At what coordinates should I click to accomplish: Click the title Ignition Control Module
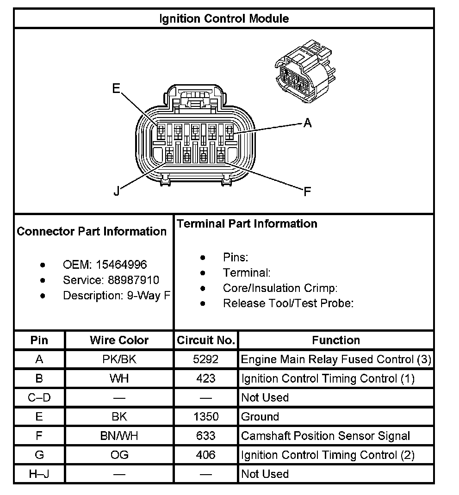(x=224, y=19)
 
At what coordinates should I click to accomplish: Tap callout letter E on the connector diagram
(x=116, y=88)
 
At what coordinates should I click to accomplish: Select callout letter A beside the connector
(x=307, y=123)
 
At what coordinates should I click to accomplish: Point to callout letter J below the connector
(x=117, y=191)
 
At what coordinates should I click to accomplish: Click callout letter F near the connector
(x=307, y=191)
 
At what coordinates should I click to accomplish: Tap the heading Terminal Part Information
(x=247, y=224)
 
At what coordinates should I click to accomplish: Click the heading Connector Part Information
(x=92, y=231)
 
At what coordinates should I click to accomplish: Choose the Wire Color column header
(x=119, y=340)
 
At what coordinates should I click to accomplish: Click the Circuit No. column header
(x=206, y=340)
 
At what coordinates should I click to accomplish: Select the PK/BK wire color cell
(x=119, y=359)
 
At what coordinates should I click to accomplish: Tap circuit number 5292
(x=206, y=359)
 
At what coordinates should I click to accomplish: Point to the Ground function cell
(x=260, y=416)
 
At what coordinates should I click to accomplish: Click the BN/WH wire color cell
(x=119, y=436)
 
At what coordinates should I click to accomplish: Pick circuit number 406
(x=206, y=455)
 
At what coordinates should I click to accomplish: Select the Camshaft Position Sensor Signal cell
(x=326, y=436)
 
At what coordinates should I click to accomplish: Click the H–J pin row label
(x=39, y=474)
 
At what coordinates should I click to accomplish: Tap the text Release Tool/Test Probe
(x=288, y=303)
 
